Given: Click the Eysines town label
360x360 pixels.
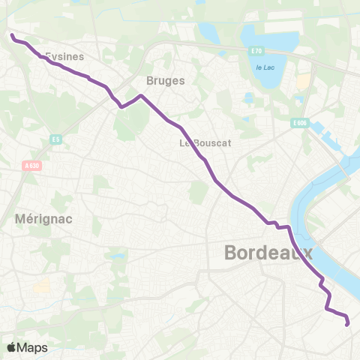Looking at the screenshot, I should coord(64,55).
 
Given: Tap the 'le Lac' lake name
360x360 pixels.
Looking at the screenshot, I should coord(264,67).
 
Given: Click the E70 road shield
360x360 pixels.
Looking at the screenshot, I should coord(257,50).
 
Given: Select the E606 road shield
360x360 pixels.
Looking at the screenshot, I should coord(300,123).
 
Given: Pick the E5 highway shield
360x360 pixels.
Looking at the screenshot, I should coord(55,139).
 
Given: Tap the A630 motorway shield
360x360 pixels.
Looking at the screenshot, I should coord(31,166).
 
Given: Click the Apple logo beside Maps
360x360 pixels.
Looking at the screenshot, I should coord(11,347).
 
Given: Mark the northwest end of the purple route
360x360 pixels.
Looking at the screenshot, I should coord(12,34).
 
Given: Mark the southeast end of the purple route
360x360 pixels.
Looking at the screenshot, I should coord(347,325).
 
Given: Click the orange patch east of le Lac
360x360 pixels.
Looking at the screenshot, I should coord(303,81).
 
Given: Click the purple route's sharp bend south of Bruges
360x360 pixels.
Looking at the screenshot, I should coord(121,106).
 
